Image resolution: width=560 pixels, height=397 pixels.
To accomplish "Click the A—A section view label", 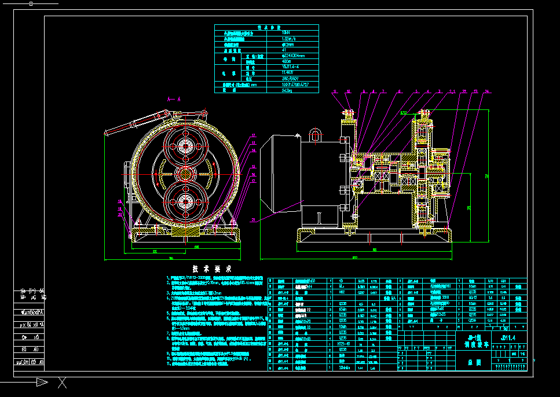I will click(174, 100).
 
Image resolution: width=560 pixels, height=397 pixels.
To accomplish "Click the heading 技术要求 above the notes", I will click(212, 269).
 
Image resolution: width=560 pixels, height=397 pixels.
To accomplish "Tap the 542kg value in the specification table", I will click(287, 91).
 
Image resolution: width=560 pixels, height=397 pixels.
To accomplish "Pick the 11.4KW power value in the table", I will click(287, 73).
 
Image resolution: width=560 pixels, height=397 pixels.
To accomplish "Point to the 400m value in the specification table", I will click(287, 61).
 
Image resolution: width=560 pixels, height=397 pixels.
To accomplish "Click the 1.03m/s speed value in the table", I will click(287, 39).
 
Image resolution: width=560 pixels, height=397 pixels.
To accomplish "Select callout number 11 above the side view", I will click(334, 91).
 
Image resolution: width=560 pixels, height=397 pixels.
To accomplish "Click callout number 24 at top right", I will click(487, 91).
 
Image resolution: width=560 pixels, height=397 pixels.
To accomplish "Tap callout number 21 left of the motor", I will click(254, 219).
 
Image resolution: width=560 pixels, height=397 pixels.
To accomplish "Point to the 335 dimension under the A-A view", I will click(155, 252).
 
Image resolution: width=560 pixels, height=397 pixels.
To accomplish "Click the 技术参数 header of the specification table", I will click(267, 27).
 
